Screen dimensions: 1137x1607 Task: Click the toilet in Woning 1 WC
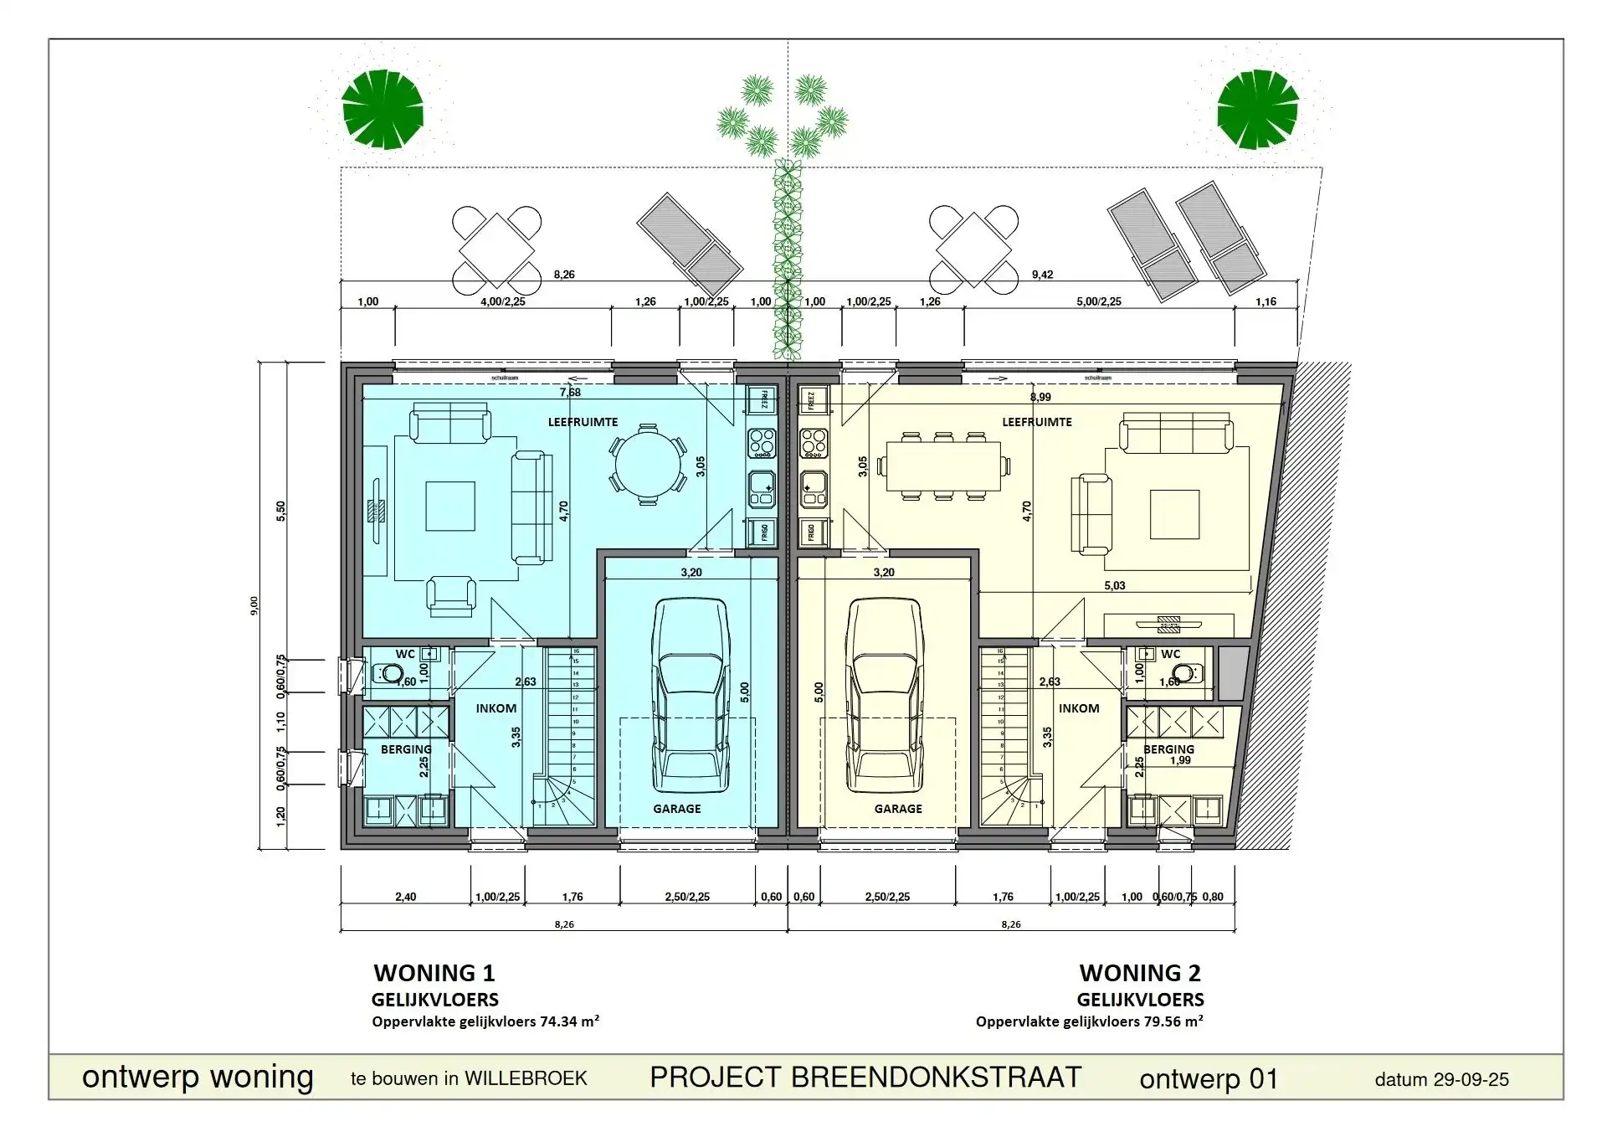pyautogui.click(x=388, y=672)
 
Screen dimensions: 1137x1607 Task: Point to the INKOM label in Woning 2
pyautogui.click(x=1078, y=708)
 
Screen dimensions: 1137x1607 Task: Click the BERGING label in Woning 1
pyautogui.click(x=406, y=749)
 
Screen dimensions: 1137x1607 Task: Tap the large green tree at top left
pyautogui.click(x=382, y=110)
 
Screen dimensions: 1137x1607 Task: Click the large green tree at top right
pyautogui.click(x=1257, y=110)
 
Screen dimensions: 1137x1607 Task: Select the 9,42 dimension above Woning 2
pyautogui.click(x=1042, y=275)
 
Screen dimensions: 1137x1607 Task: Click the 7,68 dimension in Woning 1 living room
pyautogui.click(x=570, y=392)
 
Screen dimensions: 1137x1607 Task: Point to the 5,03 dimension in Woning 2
pyautogui.click(x=1114, y=585)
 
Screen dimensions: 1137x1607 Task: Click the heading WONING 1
pyautogui.click(x=434, y=973)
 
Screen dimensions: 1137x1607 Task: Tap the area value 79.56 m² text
pyautogui.click(x=1173, y=1021)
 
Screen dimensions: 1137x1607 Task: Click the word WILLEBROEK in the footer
pyautogui.click(x=526, y=1078)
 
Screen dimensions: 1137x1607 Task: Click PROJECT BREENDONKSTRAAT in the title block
pyautogui.click(x=865, y=1077)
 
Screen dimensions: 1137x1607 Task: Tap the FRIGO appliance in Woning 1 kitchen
pyautogui.click(x=762, y=532)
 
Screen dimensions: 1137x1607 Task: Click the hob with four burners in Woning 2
pyautogui.click(x=814, y=442)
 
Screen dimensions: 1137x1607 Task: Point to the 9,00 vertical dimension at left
pyautogui.click(x=254, y=605)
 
